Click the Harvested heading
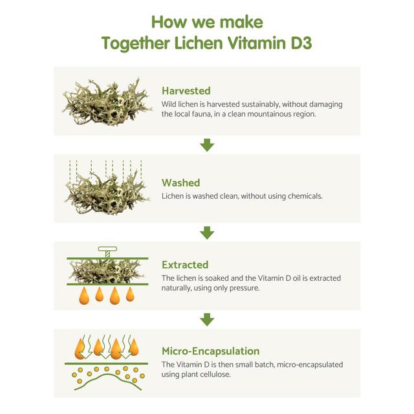pos(186,91)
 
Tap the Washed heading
pos(181,182)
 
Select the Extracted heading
pos(185,265)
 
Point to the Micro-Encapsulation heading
pos(211,351)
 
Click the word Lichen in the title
pos(199,43)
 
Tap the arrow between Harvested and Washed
pos(207,145)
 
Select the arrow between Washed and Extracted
pos(207,233)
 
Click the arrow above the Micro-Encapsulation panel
pos(207,320)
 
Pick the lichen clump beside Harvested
pos(107,102)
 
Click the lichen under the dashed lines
pos(107,193)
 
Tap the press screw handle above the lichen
pos(107,249)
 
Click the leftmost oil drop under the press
pos(84,296)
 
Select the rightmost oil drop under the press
pos(130,294)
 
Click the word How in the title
pos(169,22)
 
